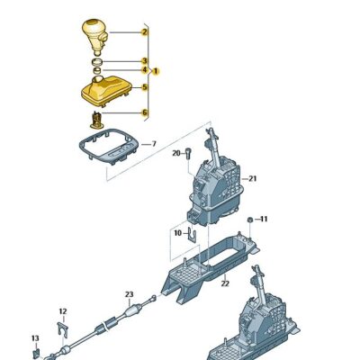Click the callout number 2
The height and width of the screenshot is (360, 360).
(x=144, y=31)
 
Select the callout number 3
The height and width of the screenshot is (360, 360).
(x=144, y=62)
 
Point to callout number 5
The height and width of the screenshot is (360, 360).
(x=144, y=87)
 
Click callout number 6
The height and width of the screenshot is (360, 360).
(x=144, y=112)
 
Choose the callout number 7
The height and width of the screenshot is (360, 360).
(x=153, y=143)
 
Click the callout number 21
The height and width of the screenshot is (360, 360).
(x=253, y=178)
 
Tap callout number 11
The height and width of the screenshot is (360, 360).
(x=263, y=219)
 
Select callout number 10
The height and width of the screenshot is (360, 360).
(x=176, y=232)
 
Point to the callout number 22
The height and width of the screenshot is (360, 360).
(x=225, y=283)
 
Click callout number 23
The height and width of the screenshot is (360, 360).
(x=129, y=294)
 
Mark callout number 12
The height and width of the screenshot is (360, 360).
(x=62, y=311)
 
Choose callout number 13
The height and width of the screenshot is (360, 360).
(x=35, y=338)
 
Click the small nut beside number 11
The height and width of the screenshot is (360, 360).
(x=250, y=220)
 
